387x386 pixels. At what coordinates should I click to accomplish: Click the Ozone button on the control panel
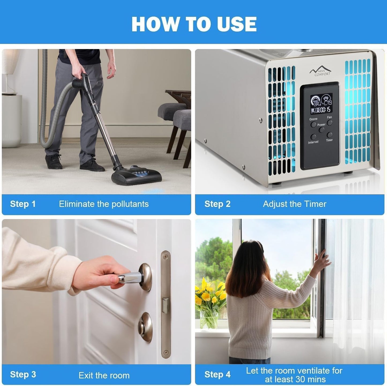313,125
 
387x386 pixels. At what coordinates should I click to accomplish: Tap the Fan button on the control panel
329,123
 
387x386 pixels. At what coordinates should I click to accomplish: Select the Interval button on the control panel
313,137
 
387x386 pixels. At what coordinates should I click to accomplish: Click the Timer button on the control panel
329,135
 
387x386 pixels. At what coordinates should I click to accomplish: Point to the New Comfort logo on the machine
320,72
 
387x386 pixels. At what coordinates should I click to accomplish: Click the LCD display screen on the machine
321,104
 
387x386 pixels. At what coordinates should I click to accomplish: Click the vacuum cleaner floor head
137,176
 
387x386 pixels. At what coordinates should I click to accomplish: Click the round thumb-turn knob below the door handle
145,327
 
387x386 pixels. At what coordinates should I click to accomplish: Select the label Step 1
23,204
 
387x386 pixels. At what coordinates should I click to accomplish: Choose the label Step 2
217,204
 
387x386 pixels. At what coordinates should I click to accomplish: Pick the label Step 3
23,374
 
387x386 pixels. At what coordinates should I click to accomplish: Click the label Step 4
217,374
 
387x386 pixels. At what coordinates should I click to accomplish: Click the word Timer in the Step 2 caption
315,204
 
